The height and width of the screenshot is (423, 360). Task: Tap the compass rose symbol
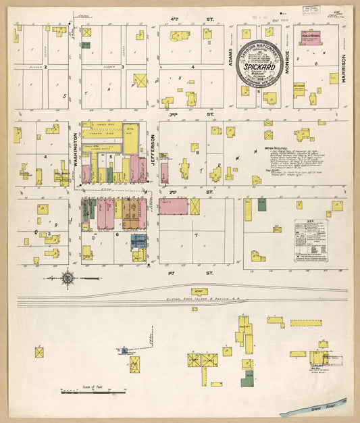click(68, 276)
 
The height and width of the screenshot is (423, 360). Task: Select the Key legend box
click(310, 241)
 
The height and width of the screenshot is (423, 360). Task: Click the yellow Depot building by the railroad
click(201, 291)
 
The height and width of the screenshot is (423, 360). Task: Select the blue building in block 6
click(138, 241)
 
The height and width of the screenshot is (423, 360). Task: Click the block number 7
click(196, 235)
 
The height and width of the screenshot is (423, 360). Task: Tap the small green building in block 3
click(86, 45)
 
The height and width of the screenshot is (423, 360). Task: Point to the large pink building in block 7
click(174, 207)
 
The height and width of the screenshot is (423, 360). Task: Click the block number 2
click(45, 67)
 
